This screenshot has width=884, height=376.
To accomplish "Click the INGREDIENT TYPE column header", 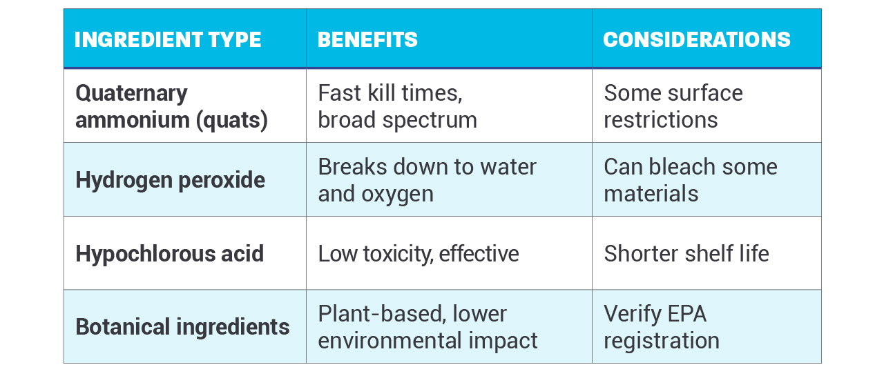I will pos(168,39).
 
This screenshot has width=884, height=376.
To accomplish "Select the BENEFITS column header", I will pos(367,39).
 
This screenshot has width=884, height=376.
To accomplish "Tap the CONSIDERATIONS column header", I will pos(697,39).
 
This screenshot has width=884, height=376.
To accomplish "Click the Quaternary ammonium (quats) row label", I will pos(171,106).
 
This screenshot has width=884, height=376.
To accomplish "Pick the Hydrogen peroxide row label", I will pos(170,180).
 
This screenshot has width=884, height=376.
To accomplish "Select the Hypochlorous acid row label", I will pos(169,253).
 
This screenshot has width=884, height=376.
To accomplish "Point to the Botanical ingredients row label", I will pos(182,326).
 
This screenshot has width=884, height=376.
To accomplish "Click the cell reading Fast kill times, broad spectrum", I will pos(397,106).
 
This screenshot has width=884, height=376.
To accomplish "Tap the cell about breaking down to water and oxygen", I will pos(427,180).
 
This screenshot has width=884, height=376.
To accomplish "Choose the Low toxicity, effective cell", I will pos(418,253).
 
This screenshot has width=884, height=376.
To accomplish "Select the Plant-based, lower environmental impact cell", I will pos(427,326).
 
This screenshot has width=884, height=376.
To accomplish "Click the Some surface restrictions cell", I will pos(673,106).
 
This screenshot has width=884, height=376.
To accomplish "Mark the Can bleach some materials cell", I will pos(690,180).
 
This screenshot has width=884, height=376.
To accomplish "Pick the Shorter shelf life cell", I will pos(686,253).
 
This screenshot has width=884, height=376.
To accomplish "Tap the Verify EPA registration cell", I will pos(661,326).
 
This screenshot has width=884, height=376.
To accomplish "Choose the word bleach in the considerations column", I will pos(684,167).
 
